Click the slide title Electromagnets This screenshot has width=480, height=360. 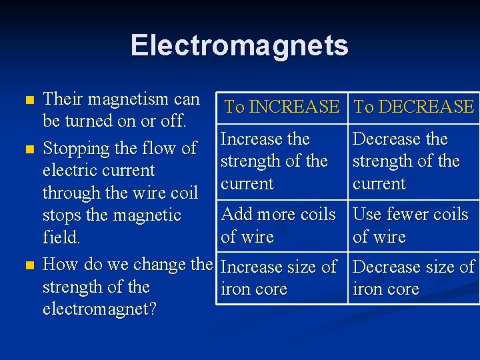click(x=239, y=45)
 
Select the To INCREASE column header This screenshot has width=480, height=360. click(x=282, y=107)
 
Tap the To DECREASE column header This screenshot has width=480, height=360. click(x=413, y=107)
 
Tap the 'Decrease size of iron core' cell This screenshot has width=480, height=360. click(x=413, y=278)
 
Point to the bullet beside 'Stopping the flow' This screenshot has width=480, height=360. click(x=27, y=149)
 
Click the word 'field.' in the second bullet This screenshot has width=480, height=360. click(x=61, y=237)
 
